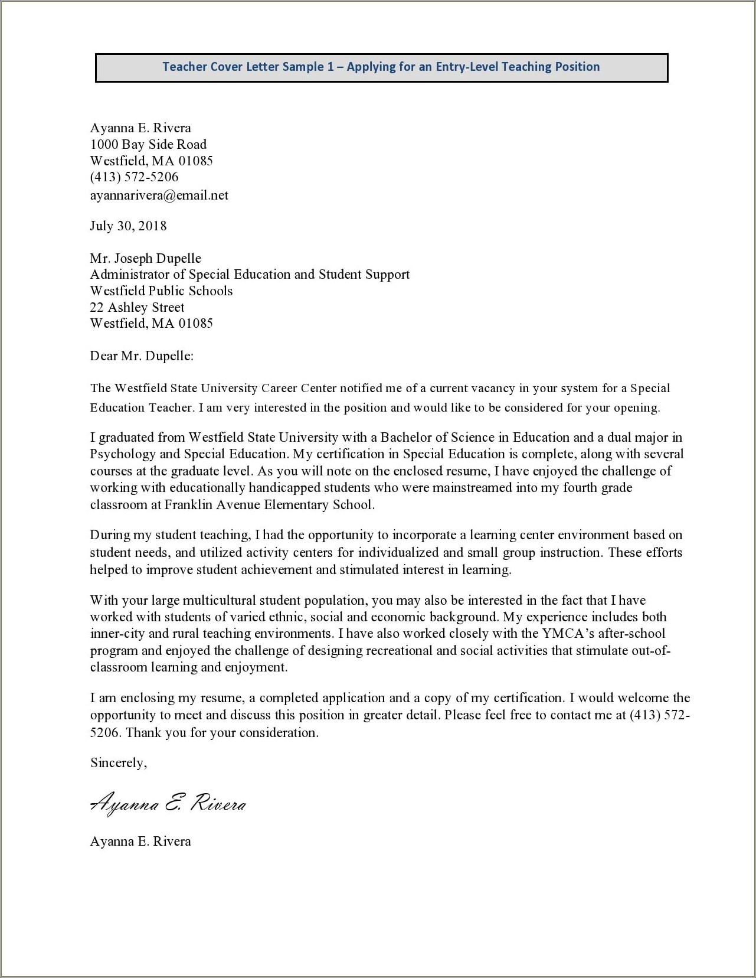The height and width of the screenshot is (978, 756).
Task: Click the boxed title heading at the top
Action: click(381, 67)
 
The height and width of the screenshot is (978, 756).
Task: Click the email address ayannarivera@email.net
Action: click(159, 195)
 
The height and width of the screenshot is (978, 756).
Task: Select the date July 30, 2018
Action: click(128, 226)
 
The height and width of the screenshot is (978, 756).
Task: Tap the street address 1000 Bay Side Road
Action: click(148, 145)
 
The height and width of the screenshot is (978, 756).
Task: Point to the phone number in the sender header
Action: click(134, 177)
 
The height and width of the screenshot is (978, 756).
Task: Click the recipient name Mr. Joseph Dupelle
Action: click(145, 259)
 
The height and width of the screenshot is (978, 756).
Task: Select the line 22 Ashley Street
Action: click(137, 308)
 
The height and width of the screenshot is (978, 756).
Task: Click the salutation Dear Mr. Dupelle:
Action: click(142, 356)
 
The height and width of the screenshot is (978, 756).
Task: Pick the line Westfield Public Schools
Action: click(161, 291)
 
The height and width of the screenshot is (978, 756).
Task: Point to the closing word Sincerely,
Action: click(118, 763)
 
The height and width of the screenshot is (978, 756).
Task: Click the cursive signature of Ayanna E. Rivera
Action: click(168, 804)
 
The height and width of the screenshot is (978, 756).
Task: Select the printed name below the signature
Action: click(140, 842)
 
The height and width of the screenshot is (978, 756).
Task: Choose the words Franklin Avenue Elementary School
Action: click(269, 505)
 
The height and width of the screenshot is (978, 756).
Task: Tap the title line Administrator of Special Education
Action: click(249, 275)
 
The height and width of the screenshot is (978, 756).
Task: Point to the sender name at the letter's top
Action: click(140, 128)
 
